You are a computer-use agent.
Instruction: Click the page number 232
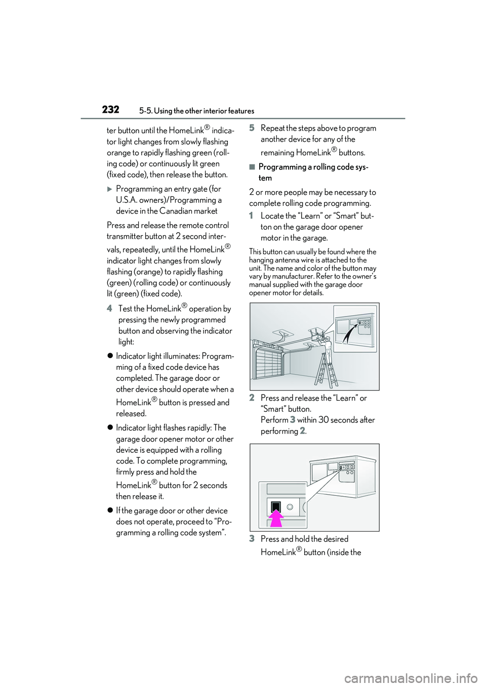(110, 110)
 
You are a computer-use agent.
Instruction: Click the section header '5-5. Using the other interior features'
(196, 111)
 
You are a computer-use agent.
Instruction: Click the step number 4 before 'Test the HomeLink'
(109, 308)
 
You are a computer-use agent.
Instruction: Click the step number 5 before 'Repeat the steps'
(252, 128)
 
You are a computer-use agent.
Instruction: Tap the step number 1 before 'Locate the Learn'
(252, 216)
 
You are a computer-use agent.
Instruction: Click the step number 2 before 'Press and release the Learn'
(252, 398)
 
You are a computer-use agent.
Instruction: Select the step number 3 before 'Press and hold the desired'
(252, 539)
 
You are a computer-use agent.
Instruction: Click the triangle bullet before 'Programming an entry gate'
(110, 189)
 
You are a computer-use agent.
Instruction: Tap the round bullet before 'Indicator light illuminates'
(110, 356)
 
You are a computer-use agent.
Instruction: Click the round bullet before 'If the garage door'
(110, 511)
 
